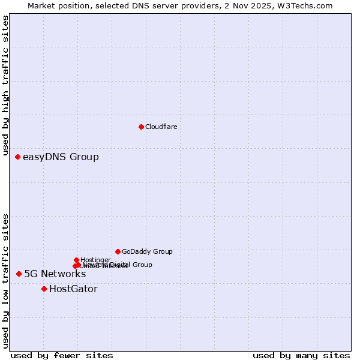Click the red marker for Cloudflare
coord(141,127)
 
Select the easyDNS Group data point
coord(17,157)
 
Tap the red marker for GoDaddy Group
coord(118,251)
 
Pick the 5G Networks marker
coord(19,274)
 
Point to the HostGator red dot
coord(44,289)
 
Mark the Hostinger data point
coord(76,260)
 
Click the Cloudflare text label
coord(161,127)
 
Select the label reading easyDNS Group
coord(61,157)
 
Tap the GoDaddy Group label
coord(147,251)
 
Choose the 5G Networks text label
coord(55,274)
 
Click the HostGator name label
coord(73,289)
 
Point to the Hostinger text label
coord(96,259)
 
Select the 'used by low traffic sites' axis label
coord(5,281)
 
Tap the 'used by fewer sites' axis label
coord(62,355)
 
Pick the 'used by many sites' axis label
coord(301,355)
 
